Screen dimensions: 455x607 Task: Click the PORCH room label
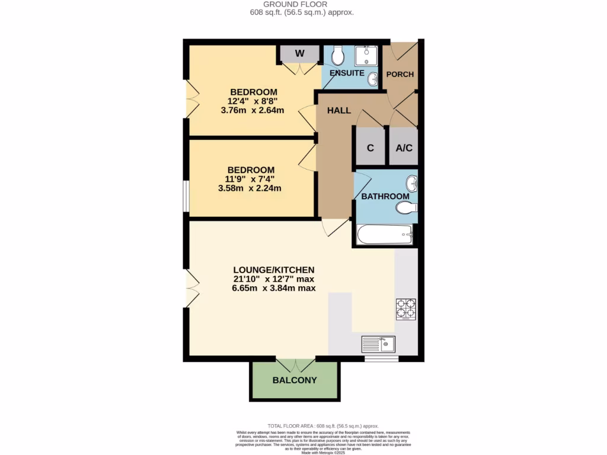pos(400,74)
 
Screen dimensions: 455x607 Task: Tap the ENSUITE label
pos(347,73)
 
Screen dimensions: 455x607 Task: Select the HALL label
pos(339,111)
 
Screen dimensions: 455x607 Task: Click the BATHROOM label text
pos(385,196)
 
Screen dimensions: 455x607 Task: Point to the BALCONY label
pos(295,380)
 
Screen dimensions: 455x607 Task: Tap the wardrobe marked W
pos(300,53)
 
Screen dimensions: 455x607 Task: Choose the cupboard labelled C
pos(370,148)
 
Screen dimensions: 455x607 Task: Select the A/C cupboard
pos(404,148)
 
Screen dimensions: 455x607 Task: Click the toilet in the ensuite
pos(338,56)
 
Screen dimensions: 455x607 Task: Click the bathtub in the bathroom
pos(384,235)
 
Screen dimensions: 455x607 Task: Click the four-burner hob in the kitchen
pos(406,309)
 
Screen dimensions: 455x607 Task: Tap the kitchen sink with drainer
pos(379,344)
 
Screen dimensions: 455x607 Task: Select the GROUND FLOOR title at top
pos(303,4)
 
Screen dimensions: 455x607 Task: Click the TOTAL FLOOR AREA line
pos(323,426)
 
